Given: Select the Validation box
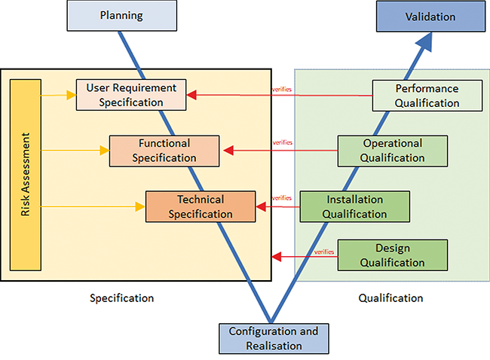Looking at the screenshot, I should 430,16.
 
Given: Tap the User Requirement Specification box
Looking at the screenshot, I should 130,95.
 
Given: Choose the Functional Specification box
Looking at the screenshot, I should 164,150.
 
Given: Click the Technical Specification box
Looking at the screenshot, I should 201,206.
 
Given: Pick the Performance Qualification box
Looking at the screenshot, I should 427,96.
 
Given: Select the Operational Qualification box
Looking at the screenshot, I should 392,150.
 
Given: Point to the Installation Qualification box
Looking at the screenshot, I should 354,206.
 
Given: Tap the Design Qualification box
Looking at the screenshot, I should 392,255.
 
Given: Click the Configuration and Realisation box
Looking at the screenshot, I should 273,338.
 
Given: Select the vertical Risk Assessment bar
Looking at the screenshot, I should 26,175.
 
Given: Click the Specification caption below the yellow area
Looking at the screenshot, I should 122,297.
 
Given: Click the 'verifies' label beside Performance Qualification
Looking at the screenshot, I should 282,90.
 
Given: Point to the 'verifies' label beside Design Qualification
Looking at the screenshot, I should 324,252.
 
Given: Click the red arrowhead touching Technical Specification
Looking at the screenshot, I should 263,206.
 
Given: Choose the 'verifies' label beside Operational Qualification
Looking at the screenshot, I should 282,142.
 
